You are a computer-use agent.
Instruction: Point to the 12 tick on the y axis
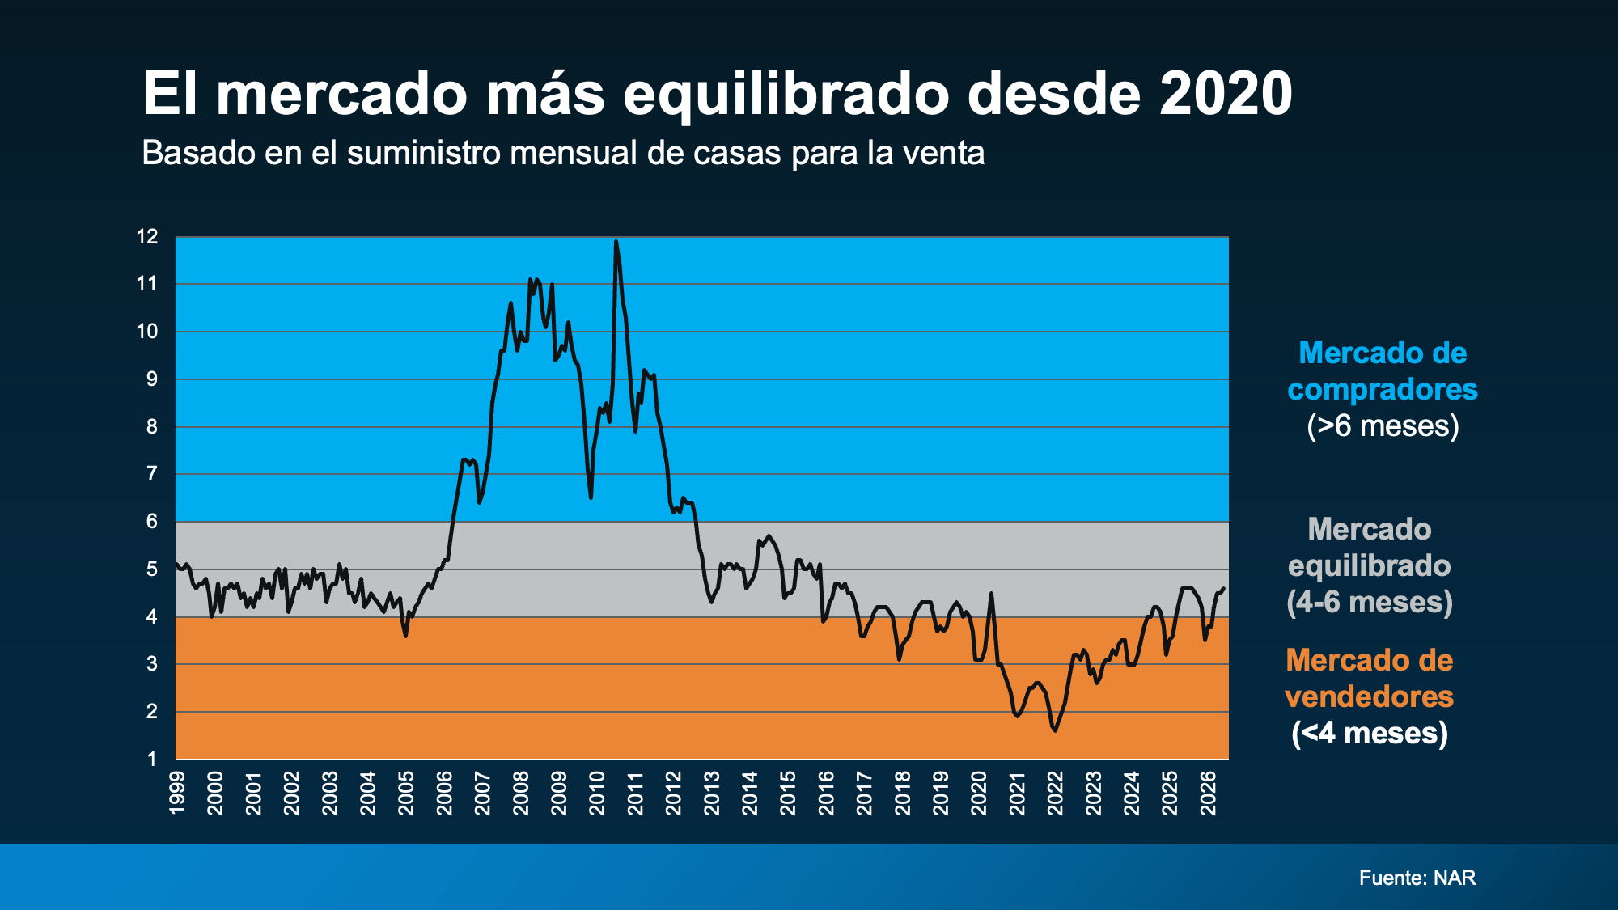coord(147,237)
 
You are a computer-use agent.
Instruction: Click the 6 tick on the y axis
coord(152,522)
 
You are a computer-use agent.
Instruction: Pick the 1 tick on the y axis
coord(152,759)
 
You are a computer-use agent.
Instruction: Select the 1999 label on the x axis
coord(177,793)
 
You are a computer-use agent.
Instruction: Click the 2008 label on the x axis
coord(521,793)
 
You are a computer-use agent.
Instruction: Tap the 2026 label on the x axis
coord(1209,793)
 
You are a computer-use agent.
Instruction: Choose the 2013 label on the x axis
coord(712,793)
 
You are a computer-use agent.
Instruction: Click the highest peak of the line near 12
coord(616,241)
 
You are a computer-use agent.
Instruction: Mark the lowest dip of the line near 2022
coord(1055,730)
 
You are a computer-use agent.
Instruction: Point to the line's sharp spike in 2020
coord(991,594)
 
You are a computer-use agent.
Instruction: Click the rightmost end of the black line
coord(1223,589)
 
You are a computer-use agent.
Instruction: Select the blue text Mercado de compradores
coord(1383,371)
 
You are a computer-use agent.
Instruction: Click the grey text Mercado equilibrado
coord(1370,548)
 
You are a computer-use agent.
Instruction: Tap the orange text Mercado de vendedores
coord(1370,679)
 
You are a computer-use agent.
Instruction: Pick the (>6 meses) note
coord(1383,425)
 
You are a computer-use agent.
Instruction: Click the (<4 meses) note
coord(1370,733)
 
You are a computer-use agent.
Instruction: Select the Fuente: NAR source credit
coord(1417,878)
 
